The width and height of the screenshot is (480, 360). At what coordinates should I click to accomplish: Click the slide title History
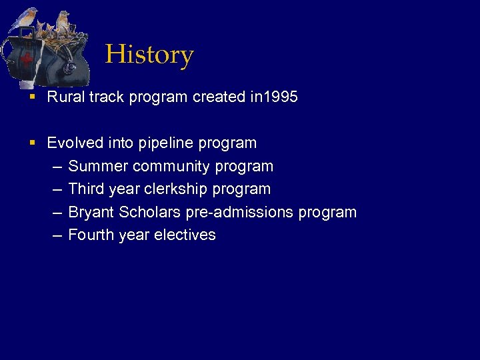tap(149, 55)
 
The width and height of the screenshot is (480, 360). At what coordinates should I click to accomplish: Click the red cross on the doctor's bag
tap(26, 60)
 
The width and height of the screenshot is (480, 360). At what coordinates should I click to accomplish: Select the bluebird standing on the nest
tap(63, 22)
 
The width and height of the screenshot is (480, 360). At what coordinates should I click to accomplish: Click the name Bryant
tap(91, 213)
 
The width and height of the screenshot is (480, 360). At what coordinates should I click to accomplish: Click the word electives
tap(185, 235)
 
